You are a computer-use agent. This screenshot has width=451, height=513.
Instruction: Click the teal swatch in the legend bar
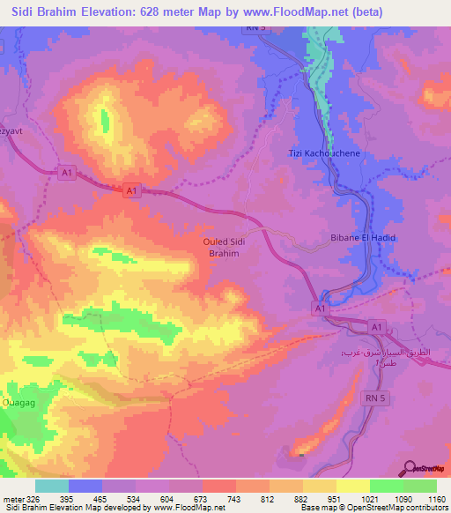(x=52, y=487)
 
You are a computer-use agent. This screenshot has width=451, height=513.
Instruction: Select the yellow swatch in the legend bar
(x=353, y=487)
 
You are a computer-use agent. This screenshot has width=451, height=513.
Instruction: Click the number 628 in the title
(x=163, y=11)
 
